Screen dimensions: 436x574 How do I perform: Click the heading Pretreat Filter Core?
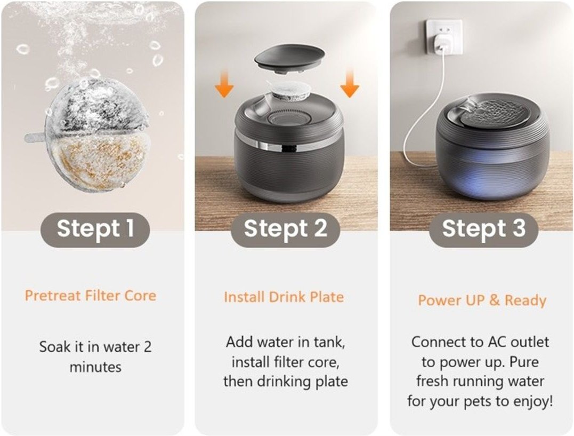[91, 295]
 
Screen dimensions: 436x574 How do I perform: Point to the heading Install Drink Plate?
[284, 297]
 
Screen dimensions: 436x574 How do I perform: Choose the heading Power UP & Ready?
[482, 300]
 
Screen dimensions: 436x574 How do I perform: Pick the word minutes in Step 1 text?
[95, 367]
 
